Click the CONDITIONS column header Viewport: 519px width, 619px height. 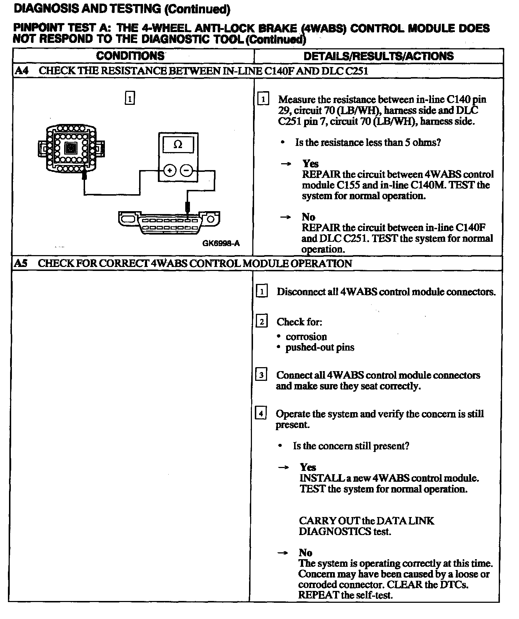[130, 56]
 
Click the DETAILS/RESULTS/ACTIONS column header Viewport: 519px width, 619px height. [378, 56]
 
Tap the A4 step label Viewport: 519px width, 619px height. [22, 71]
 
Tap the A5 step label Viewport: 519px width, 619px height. [21, 263]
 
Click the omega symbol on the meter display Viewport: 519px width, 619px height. [178, 145]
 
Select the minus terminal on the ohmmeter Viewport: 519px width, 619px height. [186, 170]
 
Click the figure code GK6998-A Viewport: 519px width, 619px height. [221, 243]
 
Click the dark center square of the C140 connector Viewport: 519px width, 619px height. [71, 148]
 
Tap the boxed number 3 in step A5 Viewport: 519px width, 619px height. [261, 375]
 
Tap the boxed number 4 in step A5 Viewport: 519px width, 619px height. [261, 413]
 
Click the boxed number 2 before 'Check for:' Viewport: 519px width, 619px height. [262, 321]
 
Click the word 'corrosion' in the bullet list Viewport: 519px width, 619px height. [306, 337]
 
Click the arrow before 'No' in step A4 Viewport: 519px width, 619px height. [285, 217]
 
